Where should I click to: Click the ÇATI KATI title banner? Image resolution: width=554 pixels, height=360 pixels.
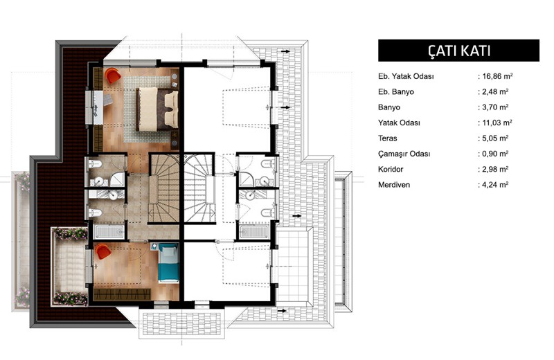coord(458,51)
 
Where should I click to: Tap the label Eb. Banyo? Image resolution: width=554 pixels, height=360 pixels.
coord(395,92)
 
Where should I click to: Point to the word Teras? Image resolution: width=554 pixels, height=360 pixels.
coord(388,138)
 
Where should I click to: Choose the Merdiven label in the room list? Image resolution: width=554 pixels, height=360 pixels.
coord(394,185)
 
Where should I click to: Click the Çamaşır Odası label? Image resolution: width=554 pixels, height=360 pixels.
coord(404,154)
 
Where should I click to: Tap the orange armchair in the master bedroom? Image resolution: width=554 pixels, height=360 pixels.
coord(112,75)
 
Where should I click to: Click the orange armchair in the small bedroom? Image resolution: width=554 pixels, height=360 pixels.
coord(102,251)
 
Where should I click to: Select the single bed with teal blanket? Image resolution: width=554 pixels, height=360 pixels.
coord(168,263)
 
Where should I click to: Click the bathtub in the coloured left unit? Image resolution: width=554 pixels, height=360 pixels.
coord(109,232)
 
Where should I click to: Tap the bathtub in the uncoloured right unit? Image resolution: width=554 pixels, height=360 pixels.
coord(254,232)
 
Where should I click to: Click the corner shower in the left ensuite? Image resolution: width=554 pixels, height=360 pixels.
coord(118,179)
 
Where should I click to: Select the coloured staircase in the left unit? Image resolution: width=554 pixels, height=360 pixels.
coord(164,188)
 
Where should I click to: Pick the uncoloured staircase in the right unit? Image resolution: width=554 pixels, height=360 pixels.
coord(199,188)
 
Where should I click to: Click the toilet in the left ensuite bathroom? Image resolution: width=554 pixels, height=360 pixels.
coord(95,164)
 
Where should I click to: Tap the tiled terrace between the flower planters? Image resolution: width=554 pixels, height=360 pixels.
coord(70,267)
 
